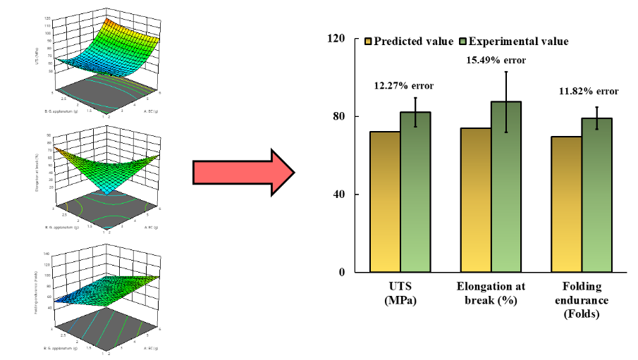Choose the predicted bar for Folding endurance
[x=567, y=204]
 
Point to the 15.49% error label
[x=496, y=61]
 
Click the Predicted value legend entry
[x=408, y=41]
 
